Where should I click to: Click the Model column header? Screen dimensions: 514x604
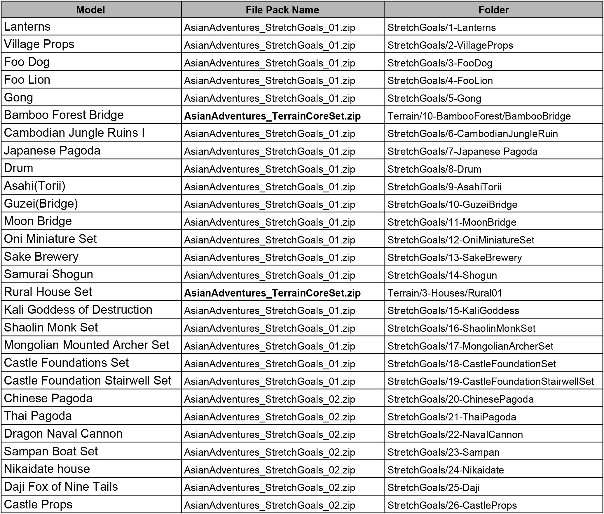90,10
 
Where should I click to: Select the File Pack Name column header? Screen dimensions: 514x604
282,10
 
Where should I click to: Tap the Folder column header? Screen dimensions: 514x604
493,10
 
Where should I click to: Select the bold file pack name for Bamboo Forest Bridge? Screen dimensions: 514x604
272,116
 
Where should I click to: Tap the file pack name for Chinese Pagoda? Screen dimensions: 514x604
269,399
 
